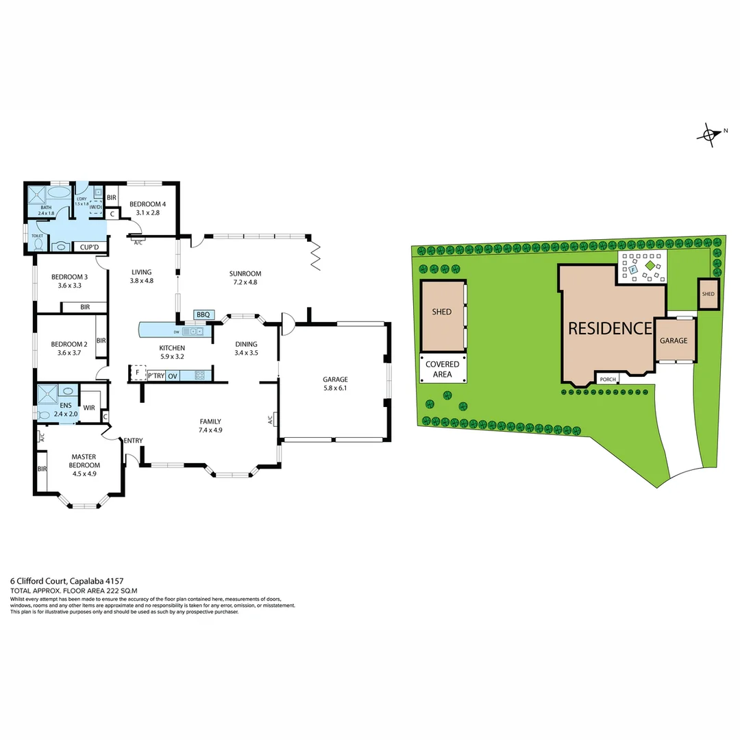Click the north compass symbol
click(x=711, y=134)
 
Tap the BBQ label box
click(x=203, y=314)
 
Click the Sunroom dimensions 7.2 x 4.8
click(x=245, y=282)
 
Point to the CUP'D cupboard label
click(x=89, y=247)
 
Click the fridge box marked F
click(x=138, y=373)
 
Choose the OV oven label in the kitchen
click(x=173, y=375)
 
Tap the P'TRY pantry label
click(x=156, y=375)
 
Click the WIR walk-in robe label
click(x=89, y=408)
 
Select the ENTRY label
click(x=133, y=441)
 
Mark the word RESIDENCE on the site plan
click(x=610, y=328)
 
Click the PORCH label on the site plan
click(x=607, y=379)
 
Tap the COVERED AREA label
click(x=443, y=369)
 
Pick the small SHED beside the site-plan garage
click(x=708, y=294)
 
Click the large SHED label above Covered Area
click(x=442, y=312)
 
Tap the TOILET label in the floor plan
click(x=36, y=236)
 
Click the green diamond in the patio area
click(x=650, y=264)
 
